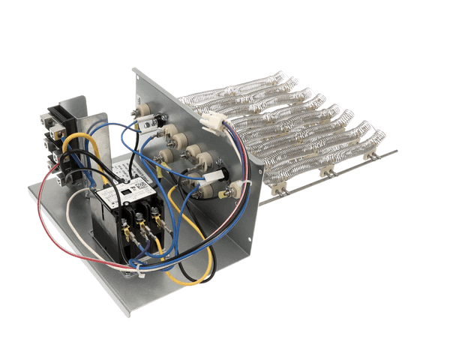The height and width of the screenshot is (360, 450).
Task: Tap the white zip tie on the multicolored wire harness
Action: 238,185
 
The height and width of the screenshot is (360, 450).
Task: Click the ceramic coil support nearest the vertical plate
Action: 278,190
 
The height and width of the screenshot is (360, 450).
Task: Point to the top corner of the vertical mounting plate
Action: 135,70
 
